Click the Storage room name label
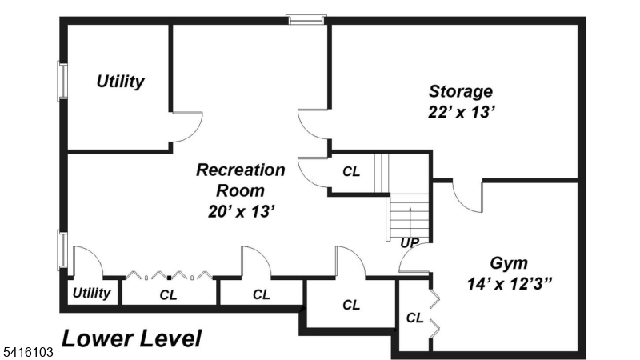tap(460, 90)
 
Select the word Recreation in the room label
tap(240, 170)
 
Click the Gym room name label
tap(508, 262)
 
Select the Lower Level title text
tap(132, 338)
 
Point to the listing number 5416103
tap(27, 351)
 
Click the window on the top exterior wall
tap(307, 18)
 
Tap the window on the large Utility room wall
tap(61, 82)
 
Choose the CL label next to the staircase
tap(350, 171)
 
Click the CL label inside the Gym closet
tap(414, 318)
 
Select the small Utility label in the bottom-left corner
tap(91, 293)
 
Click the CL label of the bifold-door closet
tap(168, 294)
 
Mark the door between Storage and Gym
tap(466, 197)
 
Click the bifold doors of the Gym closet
tap(434, 313)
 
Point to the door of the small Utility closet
tap(84, 261)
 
